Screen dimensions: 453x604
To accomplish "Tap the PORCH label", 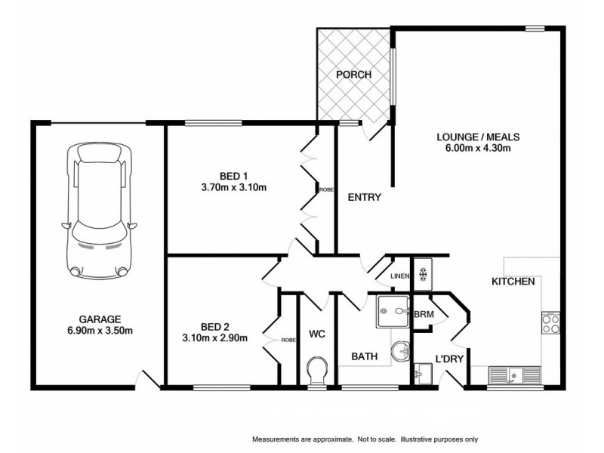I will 353,74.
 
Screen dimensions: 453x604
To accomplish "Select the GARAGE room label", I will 100,319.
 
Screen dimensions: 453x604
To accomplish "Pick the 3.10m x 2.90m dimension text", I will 214,337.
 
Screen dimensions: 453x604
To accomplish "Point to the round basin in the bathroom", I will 402,350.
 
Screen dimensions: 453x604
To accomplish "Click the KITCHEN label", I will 513,282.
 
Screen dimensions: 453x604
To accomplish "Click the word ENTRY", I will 363,198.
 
